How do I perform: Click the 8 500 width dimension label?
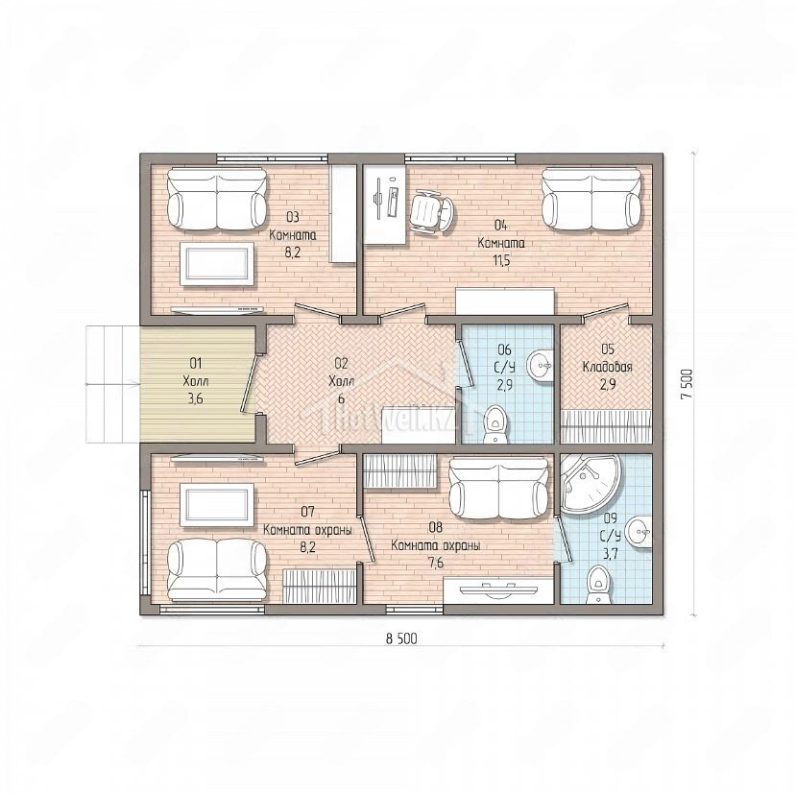(x=401, y=638)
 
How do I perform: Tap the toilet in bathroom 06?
(x=494, y=424)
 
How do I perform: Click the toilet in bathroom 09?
(x=598, y=586)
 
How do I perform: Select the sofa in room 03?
(x=217, y=199)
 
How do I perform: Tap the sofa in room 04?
(x=591, y=200)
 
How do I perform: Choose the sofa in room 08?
(x=498, y=490)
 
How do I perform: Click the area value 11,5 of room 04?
(x=501, y=261)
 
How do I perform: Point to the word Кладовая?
(x=607, y=367)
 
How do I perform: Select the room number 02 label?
(x=341, y=363)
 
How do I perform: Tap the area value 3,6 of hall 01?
(x=196, y=398)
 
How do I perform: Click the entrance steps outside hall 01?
(x=112, y=384)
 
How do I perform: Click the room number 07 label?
(x=307, y=511)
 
